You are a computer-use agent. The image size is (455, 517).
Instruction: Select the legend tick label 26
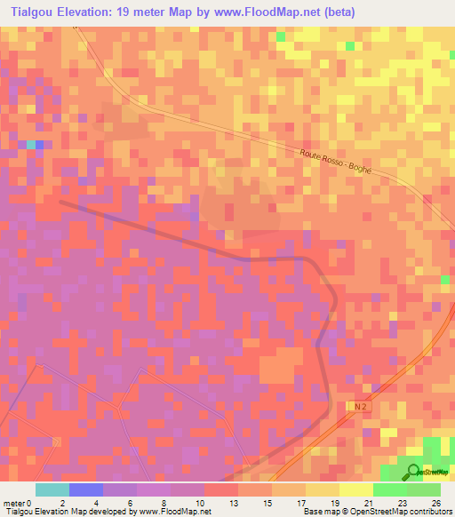[x=436, y=502]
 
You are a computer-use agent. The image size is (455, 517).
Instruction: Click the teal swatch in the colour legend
[x=52, y=489]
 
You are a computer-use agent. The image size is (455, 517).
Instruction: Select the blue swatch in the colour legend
[x=85, y=489]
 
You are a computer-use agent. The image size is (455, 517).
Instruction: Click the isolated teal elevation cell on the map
[x=31, y=144]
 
